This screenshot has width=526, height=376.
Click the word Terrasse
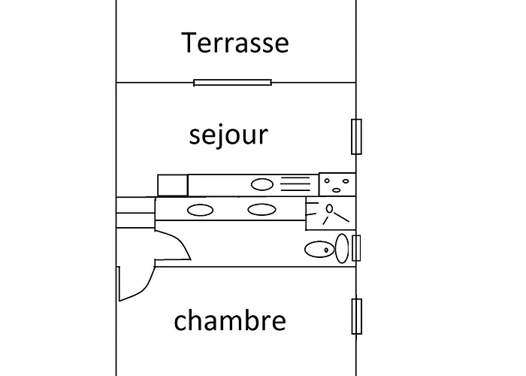click(x=234, y=42)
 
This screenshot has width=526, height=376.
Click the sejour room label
click(x=228, y=135)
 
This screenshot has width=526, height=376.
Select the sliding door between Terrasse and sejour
click(x=232, y=83)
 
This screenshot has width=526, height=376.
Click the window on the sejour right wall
click(x=356, y=136)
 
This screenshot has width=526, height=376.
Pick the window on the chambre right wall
click(x=356, y=317)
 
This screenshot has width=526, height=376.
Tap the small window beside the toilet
click(x=356, y=248)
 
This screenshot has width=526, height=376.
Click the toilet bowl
click(x=319, y=248)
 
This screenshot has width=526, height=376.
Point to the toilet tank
click(x=342, y=248)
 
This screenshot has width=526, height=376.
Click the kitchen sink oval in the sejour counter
click(x=261, y=183)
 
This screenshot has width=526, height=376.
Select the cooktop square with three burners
click(x=337, y=184)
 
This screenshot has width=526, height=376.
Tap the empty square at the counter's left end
click(x=172, y=185)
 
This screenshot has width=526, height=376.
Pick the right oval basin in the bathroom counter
click(x=260, y=210)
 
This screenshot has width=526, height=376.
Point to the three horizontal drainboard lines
click(x=295, y=184)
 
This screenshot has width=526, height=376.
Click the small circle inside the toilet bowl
click(x=325, y=247)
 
